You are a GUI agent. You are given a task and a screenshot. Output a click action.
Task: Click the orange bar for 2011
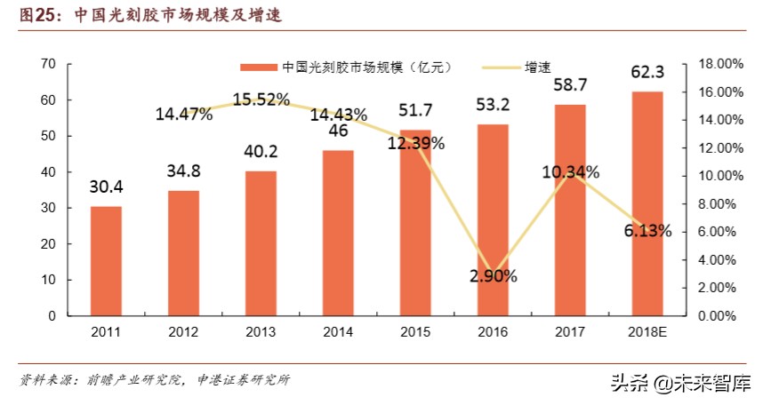tap(106, 261)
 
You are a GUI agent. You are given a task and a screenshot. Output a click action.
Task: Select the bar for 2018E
tap(647, 203)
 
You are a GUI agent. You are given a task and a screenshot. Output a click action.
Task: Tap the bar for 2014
tap(338, 233)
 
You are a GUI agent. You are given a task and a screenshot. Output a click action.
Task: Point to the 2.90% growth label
tap(494, 275)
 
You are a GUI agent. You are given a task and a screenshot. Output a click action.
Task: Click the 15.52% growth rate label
tap(261, 99)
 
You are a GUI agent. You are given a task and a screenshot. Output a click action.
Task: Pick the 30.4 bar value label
tap(106, 187)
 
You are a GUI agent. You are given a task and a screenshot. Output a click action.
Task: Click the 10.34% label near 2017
tap(571, 171)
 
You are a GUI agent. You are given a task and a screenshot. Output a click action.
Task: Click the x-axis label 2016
tap(493, 332)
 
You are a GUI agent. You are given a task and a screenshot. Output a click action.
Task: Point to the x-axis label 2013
tap(261, 332)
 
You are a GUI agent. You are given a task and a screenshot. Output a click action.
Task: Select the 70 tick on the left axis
tap(48, 64)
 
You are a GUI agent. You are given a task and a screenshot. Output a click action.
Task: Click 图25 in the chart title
tap(38, 15)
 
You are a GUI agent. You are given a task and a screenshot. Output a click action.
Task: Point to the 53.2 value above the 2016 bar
tap(494, 105)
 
